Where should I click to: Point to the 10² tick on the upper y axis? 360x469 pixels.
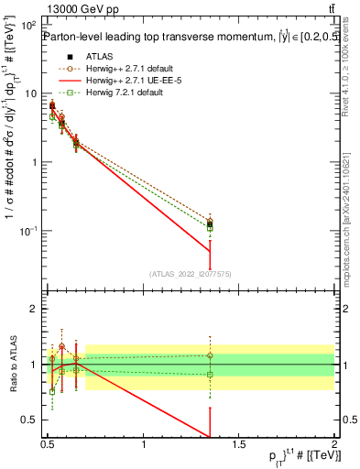click(x=31, y=25)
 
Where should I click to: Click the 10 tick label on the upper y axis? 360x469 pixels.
click(x=33, y=93)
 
